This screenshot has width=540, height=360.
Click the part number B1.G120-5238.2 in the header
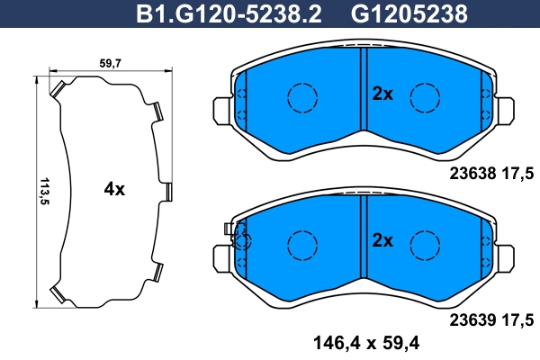[x=229, y=14]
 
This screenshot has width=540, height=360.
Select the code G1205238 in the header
[x=409, y=14]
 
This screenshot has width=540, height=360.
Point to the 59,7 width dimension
[x=110, y=63]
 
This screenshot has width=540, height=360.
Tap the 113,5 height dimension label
[x=44, y=191]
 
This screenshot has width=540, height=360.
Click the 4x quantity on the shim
[x=114, y=189]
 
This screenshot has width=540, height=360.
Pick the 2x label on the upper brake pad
[x=382, y=94]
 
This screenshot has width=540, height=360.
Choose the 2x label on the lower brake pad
[x=382, y=240]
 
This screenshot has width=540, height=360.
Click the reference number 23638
[x=472, y=174]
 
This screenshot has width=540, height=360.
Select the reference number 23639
[x=472, y=320]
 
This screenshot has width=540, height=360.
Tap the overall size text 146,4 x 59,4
[x=366, y=343]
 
